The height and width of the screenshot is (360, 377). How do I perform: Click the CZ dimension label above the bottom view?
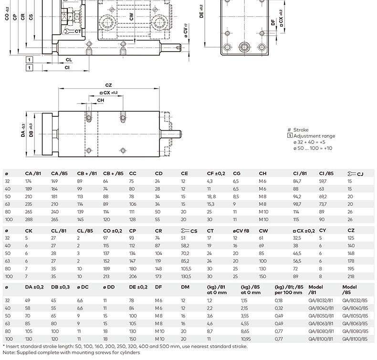click(108, 85)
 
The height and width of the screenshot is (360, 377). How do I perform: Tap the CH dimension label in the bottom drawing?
click(101, 101)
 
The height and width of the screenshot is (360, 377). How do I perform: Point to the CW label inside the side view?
click(131, 17)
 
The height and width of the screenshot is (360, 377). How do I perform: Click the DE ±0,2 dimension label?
click(201, 11)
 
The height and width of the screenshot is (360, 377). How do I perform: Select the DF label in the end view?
click(273, 22)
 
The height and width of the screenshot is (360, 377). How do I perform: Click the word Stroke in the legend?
click(301, 130)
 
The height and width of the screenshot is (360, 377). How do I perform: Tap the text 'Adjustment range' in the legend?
click(314, 136)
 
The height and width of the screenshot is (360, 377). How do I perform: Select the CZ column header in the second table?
click(351, 231)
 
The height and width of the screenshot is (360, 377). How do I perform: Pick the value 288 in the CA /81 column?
click(29, 219)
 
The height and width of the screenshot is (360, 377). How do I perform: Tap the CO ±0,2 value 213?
click(106, 277)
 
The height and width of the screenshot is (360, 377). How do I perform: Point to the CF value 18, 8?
click(211, 197)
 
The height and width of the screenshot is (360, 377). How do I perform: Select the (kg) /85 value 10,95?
click(246, 339)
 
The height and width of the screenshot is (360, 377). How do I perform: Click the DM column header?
click(185, 287)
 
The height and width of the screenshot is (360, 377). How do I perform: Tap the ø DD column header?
click(109, 287)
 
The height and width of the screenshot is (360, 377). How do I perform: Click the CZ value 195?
click(351, 269)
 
